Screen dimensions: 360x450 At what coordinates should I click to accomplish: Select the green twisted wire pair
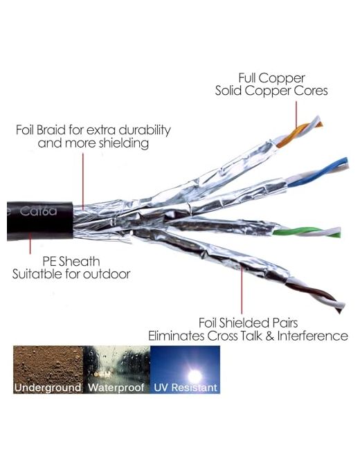[307, 232]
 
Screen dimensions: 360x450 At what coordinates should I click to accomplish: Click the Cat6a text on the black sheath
[38, 211]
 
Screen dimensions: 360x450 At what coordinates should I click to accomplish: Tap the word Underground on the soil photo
[48, 388]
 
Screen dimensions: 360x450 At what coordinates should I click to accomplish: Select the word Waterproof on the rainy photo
[116, 388]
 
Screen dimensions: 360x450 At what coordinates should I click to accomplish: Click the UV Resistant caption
[186, 388]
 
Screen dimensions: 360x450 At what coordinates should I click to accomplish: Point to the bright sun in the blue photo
[195, 375]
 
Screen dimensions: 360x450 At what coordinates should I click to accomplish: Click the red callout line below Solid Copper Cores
[296, 114]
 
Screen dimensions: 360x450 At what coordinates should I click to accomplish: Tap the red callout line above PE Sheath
[30, 244]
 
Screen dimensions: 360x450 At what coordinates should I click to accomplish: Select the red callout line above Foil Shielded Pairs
[242, 290]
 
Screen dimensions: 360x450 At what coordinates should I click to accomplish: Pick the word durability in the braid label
[145, 130]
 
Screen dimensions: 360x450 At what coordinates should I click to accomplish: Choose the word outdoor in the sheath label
[107, 274]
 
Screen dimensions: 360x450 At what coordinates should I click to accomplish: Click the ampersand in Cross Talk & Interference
[269, 336]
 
